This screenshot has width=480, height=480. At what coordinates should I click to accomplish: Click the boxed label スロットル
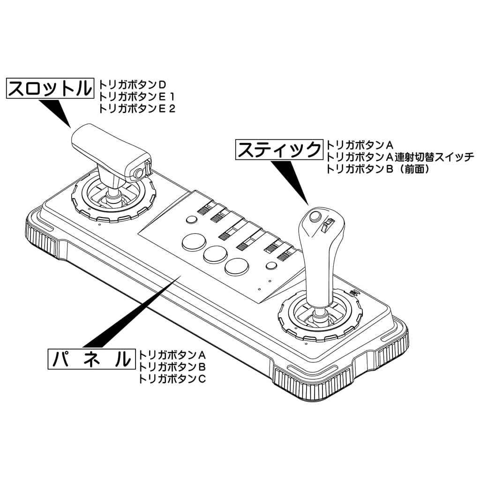49,88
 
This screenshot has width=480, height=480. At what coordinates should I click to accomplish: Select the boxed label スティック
279,150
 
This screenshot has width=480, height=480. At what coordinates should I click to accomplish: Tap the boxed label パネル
91,360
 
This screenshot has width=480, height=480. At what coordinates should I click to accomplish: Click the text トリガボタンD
133,85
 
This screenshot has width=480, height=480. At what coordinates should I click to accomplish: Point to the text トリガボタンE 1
136,97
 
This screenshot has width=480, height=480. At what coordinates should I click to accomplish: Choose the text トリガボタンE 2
136,109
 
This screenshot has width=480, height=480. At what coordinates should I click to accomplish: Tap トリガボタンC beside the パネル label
172,378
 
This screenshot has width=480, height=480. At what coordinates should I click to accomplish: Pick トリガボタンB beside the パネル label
172,366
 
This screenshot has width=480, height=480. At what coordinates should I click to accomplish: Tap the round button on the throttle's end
139,173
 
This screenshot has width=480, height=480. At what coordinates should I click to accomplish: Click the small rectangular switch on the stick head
329,225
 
